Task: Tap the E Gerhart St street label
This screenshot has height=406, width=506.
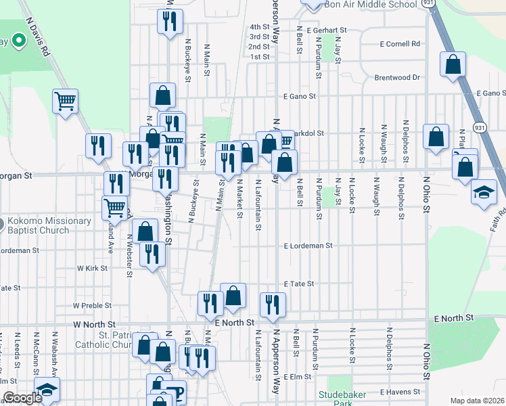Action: [x=326, y=30]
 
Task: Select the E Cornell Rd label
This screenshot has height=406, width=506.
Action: [x=399, y=44]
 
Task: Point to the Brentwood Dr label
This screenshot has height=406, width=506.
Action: [x=397, y=78]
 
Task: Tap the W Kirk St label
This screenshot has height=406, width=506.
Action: [x=93, y=269]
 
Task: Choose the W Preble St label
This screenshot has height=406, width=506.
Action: [x=91, y=306]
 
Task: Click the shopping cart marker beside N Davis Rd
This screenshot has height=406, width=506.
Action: [x=66, y=102]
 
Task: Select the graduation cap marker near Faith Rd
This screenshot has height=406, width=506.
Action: [x=484, y=193]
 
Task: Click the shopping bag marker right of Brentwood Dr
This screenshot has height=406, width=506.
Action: [x=453, y=65]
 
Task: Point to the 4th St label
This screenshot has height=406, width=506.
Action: [x=259, y=27]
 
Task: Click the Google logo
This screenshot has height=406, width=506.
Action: [x=22, y=398]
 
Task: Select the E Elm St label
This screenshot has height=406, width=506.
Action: [x=297, y=376]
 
